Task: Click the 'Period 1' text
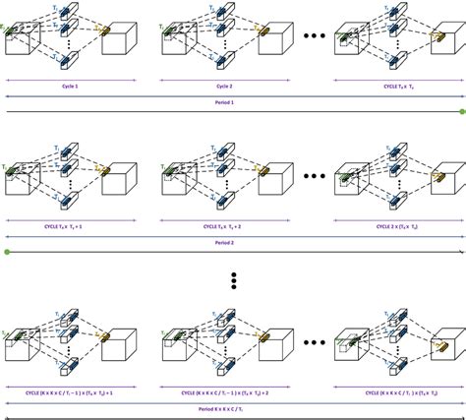tap(233, 102)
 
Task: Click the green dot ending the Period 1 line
tap(461, 111)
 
